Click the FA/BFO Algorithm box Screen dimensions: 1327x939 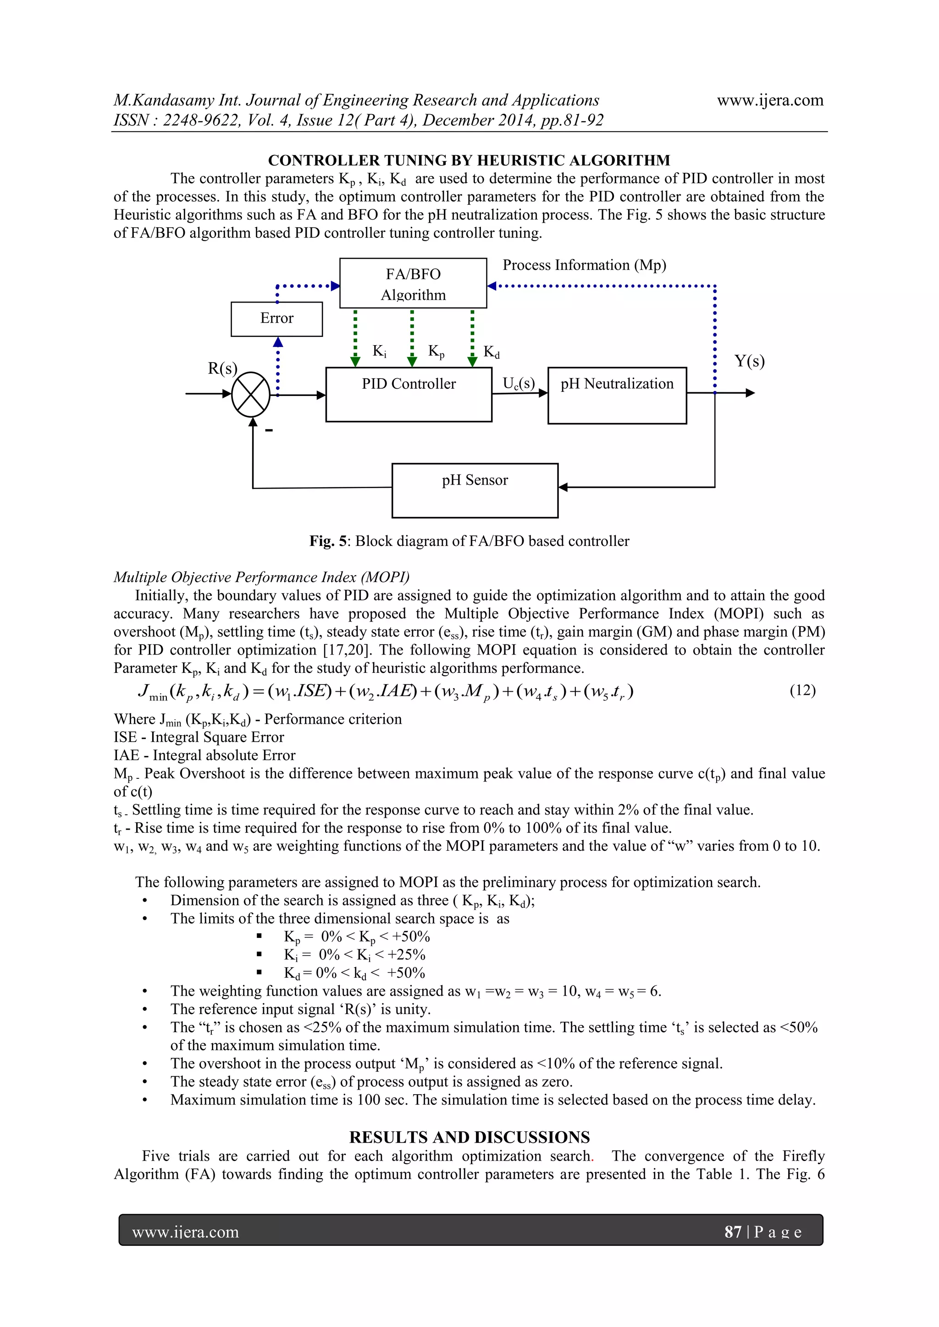click(x=413, y=283)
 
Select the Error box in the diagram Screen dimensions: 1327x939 click(x=276, y=319)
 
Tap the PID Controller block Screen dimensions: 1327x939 click(x=409, y=394)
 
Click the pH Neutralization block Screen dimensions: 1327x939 click(x=617, y=395)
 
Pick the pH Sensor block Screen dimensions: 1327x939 click(x=475, y=490)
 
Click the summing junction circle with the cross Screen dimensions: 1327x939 click(x=251, y=394)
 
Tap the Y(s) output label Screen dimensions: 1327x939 click(x=749, y=361)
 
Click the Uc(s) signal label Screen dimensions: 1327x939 click(x=519, y=384)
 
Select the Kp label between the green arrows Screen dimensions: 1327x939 click(x=436, y=352)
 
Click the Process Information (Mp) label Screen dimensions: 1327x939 click(x=584, y=265)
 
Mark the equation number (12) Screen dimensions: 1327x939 click(x=802, y=690)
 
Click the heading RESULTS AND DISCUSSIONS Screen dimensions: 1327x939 click(x=469, y=1137)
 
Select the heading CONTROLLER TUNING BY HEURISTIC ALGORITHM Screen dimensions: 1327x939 click(x=469, y=160)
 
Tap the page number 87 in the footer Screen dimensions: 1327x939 click(x=733, y=1232)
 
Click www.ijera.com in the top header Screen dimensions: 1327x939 click(x=770, y=100)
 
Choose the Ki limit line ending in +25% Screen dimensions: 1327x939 click(x=354, y=954)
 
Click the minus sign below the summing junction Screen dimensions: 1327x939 click(x=269, y=430)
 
